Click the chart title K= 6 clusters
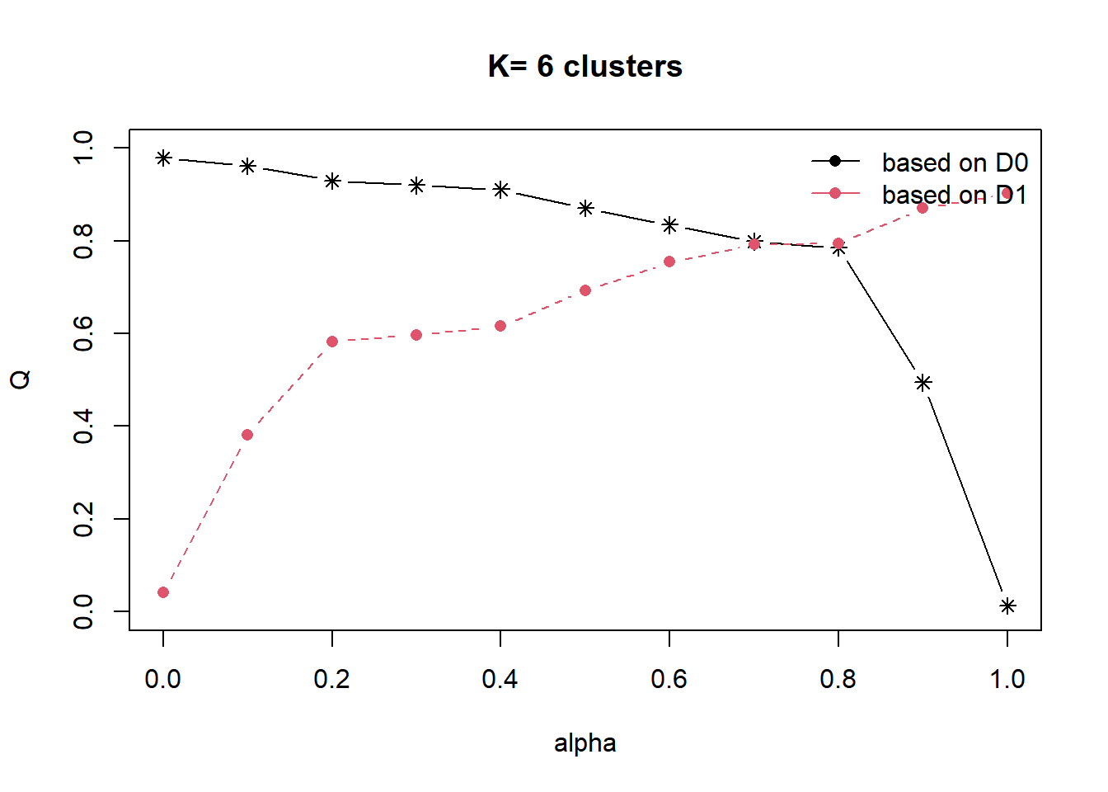coord(585,67)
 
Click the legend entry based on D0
coord(955,163)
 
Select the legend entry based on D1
coord(955,195)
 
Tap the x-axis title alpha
coord(585,743)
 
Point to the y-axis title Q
coord(21,379)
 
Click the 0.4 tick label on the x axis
coord(500,679)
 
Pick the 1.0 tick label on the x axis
coord(1007,679)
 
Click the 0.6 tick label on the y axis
coord(83,333)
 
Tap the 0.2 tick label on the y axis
coord(83,519)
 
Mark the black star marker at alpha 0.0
coord(163,158)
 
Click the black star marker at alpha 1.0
coord(1007,606)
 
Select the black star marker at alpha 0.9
coord(923,383)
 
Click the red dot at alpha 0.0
coord(163,592)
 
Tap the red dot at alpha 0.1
coord(247,435)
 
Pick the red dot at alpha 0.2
coord(332,342)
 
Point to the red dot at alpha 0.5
coord(585,290)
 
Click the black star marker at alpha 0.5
coord(585,209)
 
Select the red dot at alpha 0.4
coord(500,326)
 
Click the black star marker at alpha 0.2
coord(332,181)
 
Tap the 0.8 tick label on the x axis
coord(838,679)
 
